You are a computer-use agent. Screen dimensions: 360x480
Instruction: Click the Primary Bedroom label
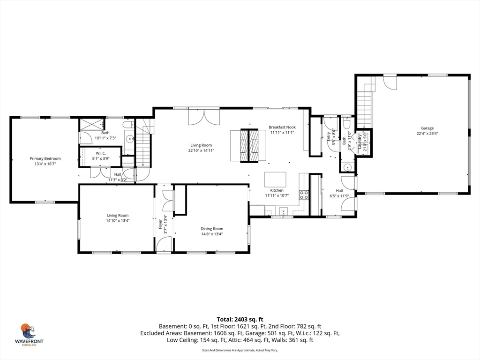[x=45, y=158]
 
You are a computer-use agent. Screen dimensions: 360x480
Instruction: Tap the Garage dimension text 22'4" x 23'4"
[x=427, y=134]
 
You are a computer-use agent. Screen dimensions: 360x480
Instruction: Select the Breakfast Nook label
[x=282, y=127]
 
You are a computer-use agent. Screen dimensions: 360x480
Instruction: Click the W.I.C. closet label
[x=101, y=153]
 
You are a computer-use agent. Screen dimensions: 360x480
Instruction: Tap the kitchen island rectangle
[x=275, y=180]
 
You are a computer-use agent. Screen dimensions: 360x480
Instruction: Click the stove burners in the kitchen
[x=304, y=195]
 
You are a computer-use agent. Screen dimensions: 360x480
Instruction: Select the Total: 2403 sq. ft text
[x=240, y=319]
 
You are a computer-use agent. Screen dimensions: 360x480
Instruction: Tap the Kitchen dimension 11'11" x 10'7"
[x=277, y=196]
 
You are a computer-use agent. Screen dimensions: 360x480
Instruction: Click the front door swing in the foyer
[x=164, y=244]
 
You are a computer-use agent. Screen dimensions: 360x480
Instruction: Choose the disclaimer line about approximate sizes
[x=240, y=350]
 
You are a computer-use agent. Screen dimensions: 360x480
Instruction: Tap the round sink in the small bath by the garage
[x=347, y=168]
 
